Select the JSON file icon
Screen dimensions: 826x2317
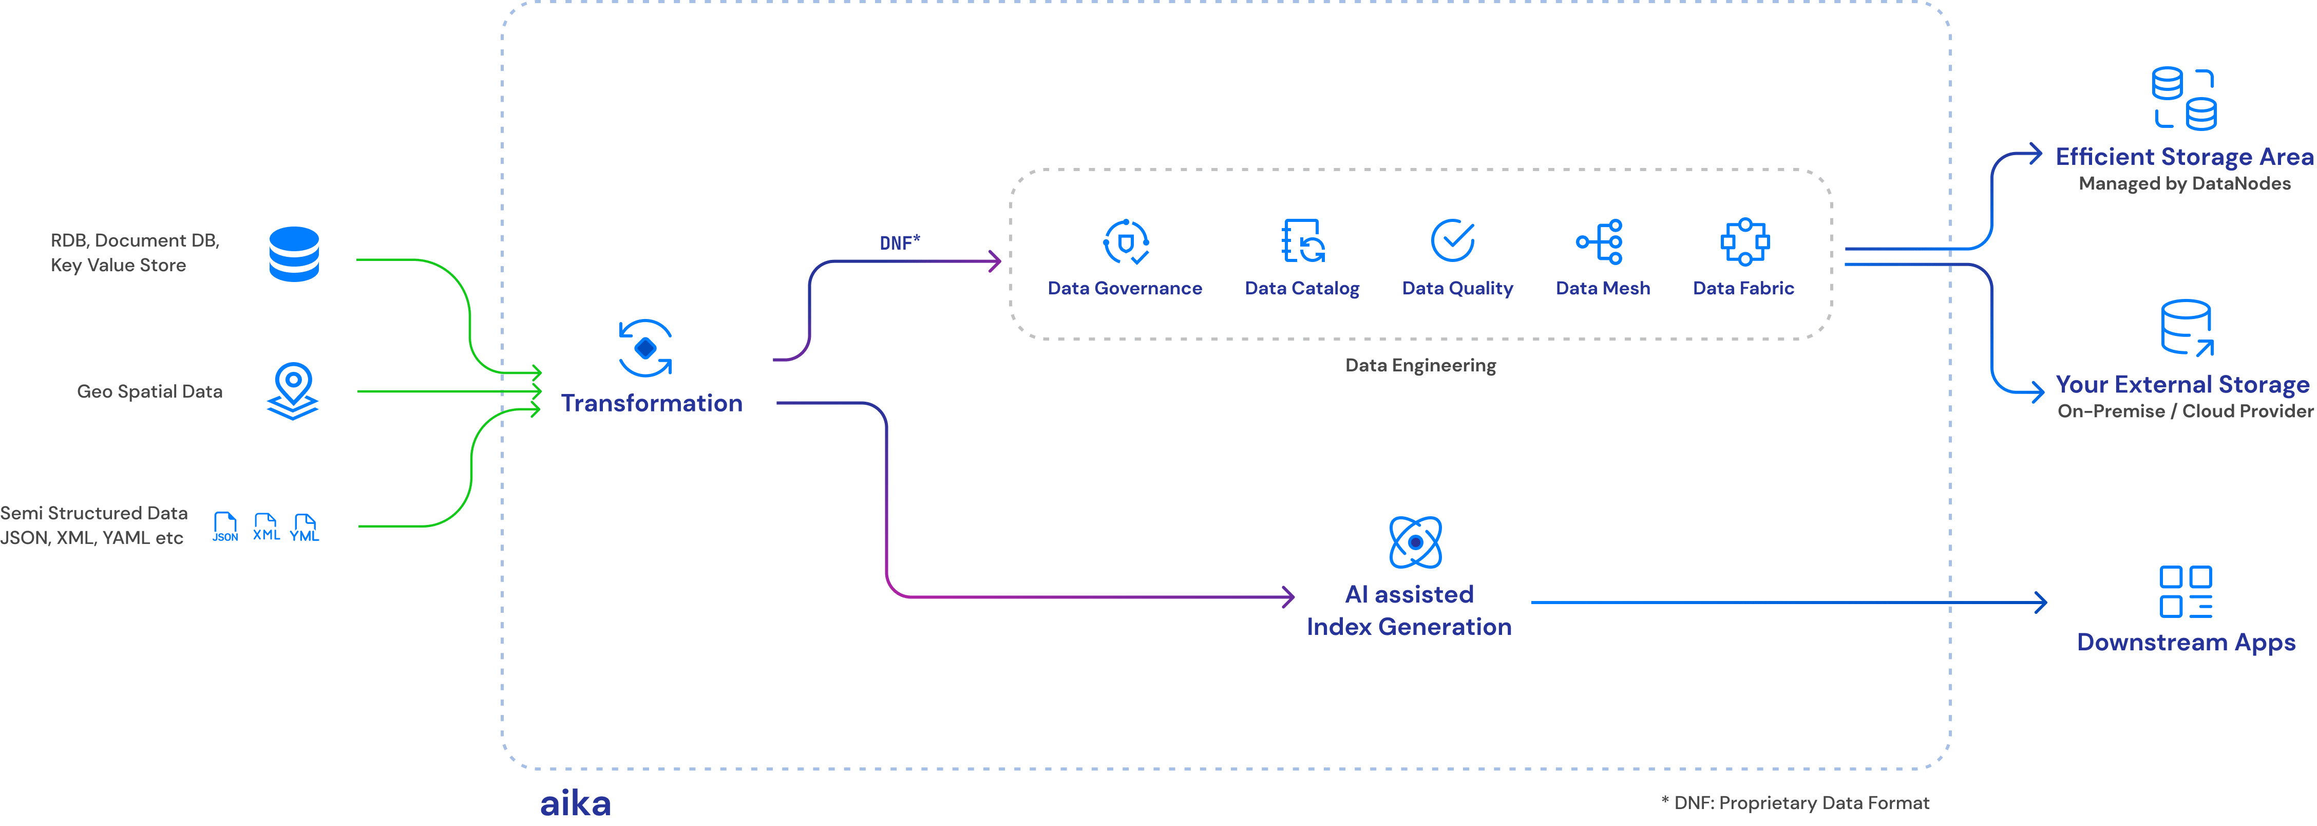point(225,527)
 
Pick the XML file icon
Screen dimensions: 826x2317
point(266,527)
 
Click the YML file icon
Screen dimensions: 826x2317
point(305,527)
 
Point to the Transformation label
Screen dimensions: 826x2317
point(651,403)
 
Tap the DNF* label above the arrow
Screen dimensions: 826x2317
point(900,243)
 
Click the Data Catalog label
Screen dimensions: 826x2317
point(1301,288)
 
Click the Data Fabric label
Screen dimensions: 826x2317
point(1743,288)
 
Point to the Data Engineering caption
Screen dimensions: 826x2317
point(1420,365)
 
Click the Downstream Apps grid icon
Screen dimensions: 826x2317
point(2186,592)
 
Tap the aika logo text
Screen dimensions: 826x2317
point(575,802)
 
